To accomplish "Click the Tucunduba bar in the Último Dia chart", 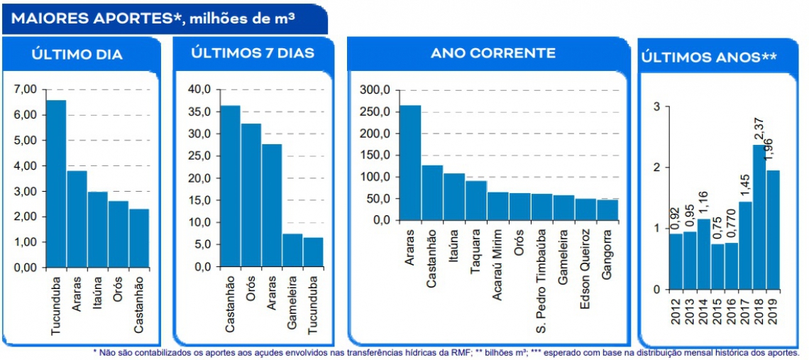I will pos(55,184).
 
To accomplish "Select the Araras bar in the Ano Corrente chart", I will pos(410,163).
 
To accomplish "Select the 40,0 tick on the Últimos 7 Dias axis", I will pos(201,89).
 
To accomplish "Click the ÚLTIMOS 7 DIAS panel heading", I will pos(253,53).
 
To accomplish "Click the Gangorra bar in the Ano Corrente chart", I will pos(607,209).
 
